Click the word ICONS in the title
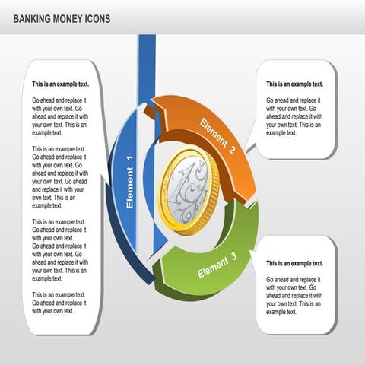click(x=103, y=18)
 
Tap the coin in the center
click(x=188, y=189)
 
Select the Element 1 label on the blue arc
click(x=129, y=182)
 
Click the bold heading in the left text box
click(x=59, y=84)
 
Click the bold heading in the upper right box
click(x=294, y=84)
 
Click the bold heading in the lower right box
click(x=294, y=263)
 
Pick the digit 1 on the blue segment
click(x=129, y=159)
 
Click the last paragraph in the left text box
click(x=59, y=303)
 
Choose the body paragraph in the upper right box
click(x=294, y=116)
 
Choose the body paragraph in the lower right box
click(x=294, y=295)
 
